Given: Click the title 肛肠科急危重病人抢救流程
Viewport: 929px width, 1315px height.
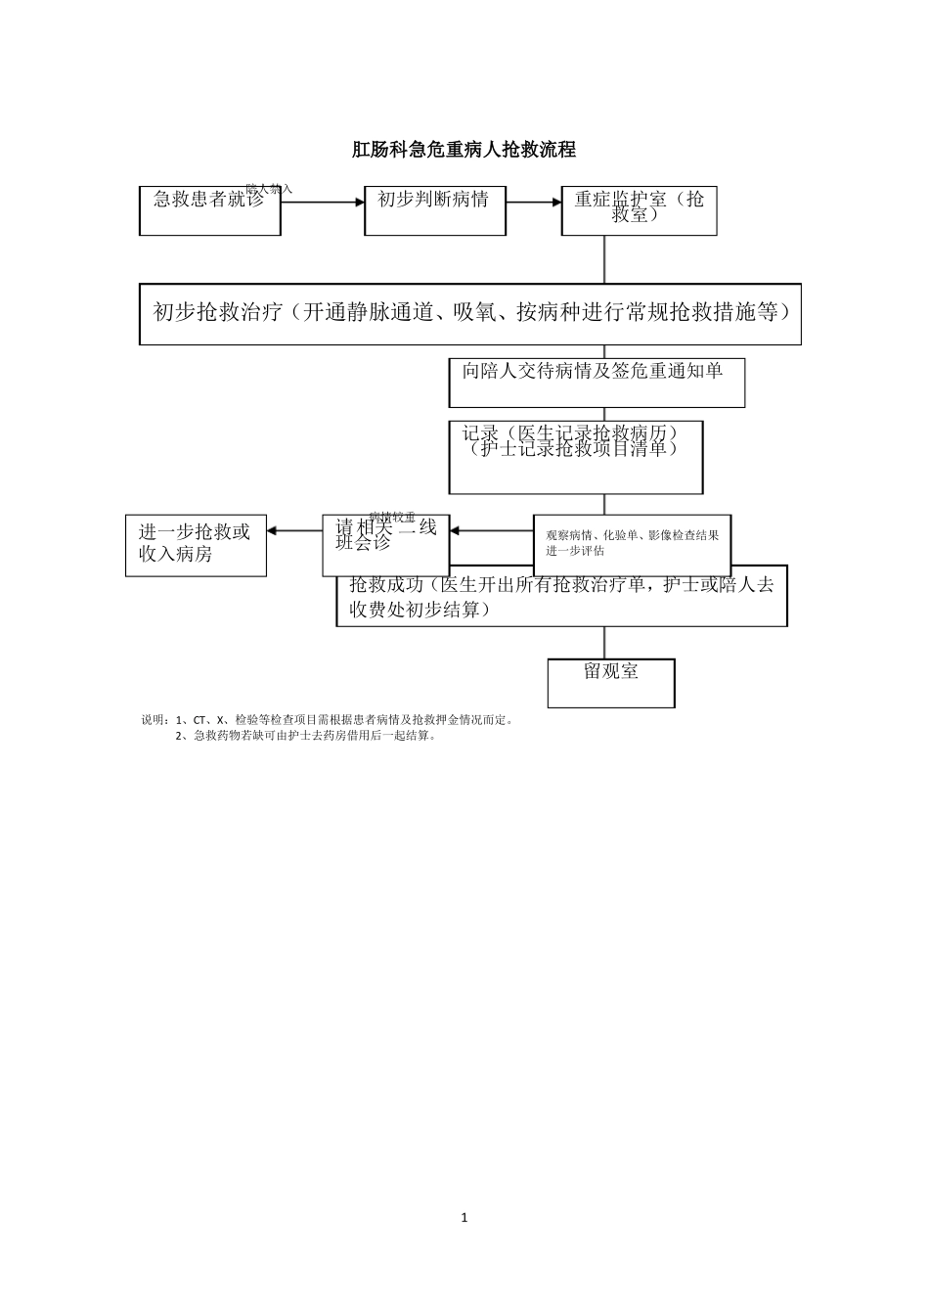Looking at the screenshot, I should pyautogui.click(x=464, y=150).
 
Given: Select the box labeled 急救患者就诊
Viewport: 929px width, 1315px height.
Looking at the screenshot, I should pyautogui.click(x=209, y=210).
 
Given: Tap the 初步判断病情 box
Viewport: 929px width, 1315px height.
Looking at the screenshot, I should pyautogui.click(x=434, y=210).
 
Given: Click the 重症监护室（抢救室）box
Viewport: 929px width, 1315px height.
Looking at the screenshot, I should pyautogui.click(x=639, y=211).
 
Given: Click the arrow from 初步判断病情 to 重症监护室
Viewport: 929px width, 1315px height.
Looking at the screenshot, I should pyautogui.click(x=533, y=203).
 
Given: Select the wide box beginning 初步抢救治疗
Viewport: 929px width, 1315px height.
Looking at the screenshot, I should pyautogui.click(x=469, y=314).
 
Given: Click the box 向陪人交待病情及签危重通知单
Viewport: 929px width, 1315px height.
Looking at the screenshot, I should pyautogui.click(x=597, y=382).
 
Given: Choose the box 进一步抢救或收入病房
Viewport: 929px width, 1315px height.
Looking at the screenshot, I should pyautogui.click(x=196, y=546).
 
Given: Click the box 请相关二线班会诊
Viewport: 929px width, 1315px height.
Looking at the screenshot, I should pyautogui.click(x=385, y=544).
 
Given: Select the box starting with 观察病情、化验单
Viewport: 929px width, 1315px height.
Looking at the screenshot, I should pyautogui.click(x=632, y=543).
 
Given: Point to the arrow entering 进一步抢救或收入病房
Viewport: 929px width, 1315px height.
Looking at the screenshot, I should pyautogui.click(x=294, y=531).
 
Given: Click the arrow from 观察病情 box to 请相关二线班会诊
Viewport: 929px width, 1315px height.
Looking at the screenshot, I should pyautogui.click(x=491, y=531).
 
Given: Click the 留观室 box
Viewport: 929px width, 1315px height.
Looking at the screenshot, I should pyautogui.click(x=611, y=682).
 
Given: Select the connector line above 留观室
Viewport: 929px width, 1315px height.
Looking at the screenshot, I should pyautogui.click(x=604, y=642).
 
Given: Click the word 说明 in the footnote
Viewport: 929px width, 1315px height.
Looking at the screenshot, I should pyautogui.click(x=155, y=720).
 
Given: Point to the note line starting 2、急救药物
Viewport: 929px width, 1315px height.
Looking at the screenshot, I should pyautogui.click(x=305, y=736).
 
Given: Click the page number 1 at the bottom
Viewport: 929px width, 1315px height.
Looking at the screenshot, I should pyautogui.click(x=464, y=1218).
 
